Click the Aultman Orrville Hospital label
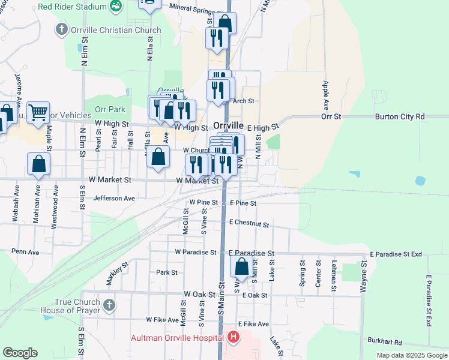click(x=178, y=338)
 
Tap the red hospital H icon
click(x=234, y=338)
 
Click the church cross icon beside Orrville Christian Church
click(x=61, y=29)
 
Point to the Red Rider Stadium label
click(x=73, y=7)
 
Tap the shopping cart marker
click(x=38, y=112)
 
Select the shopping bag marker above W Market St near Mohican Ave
click(x=38, y=164)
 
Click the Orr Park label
click(x=110, y=109)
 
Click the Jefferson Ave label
click(x=114, y=198)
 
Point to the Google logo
click(x=20, y=353)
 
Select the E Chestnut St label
click(x=249, y=223)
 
